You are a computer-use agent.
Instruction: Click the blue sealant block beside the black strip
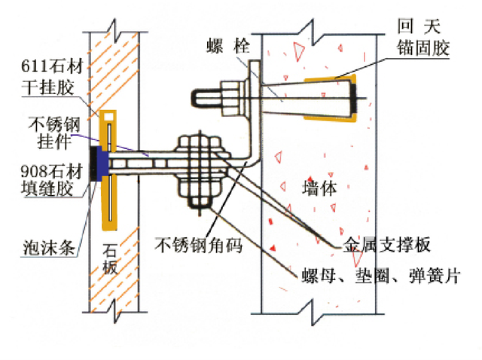click(102, 163)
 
